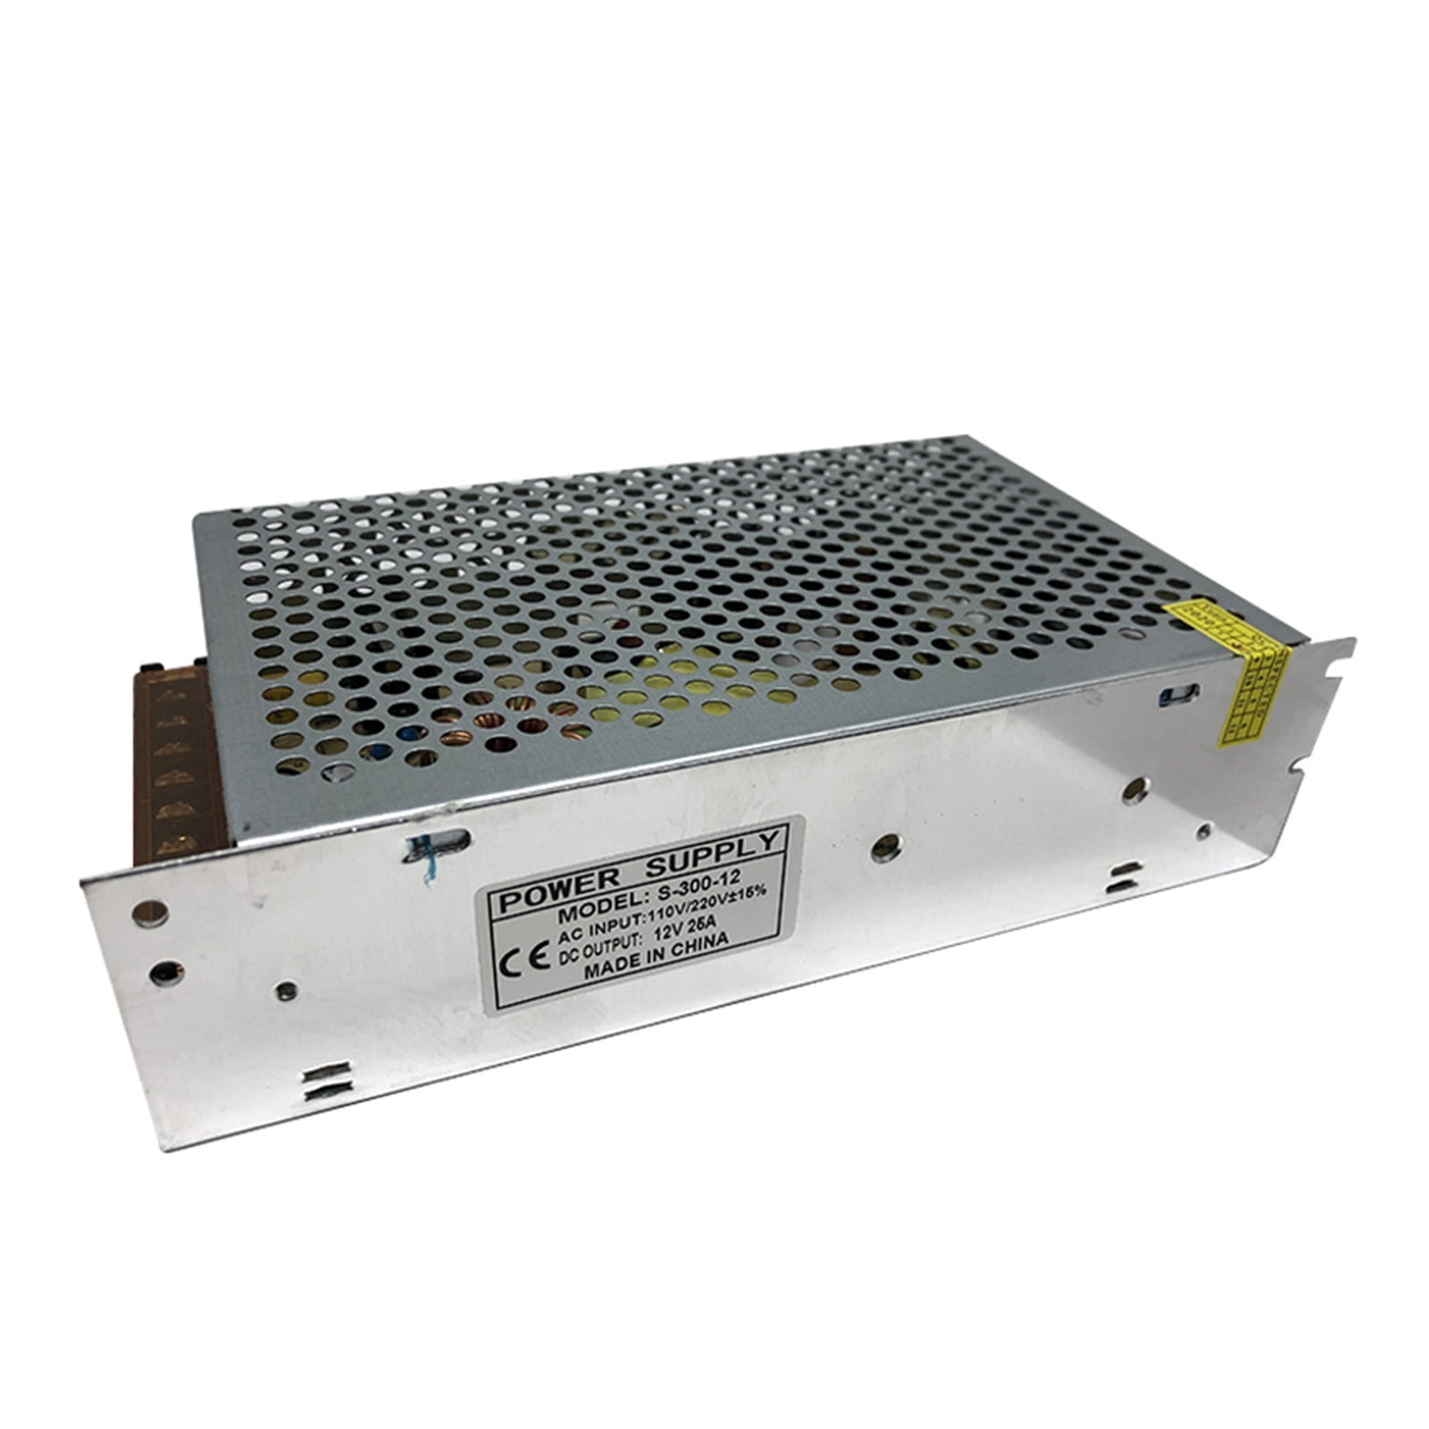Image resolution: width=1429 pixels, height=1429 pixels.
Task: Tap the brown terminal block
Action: (x=174, y=777)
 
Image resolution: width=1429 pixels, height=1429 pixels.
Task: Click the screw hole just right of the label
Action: (x=884, y=847)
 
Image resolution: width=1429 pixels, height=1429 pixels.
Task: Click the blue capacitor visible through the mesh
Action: (x=410, y=734)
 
